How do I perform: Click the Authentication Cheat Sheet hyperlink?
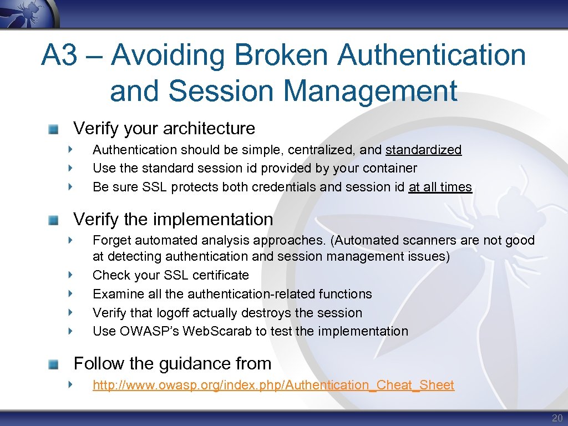[273, 385]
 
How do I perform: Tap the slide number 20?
[556, 418]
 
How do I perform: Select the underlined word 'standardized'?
[423, 150]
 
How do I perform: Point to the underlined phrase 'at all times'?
[440, 187]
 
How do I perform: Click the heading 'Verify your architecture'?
[164, 128]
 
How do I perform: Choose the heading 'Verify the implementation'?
[173, 219]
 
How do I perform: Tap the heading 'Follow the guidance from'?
[173, 363]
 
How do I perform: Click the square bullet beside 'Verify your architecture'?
[53, 129]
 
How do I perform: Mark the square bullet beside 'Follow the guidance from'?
[53, 364]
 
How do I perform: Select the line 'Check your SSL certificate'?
[171, 275]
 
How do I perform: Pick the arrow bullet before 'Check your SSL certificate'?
[70, 275]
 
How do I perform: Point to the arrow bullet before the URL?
[70, 384]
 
